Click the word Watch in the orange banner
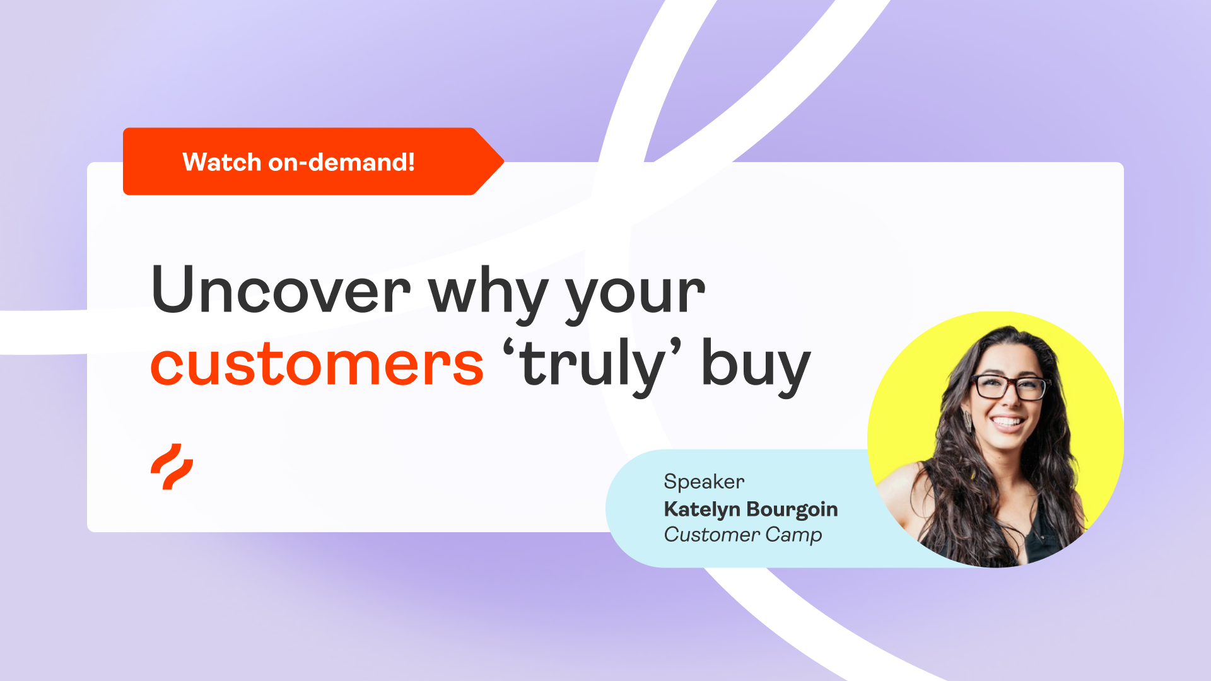[221, 162]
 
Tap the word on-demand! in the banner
[341, 162]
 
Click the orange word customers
[317, 364]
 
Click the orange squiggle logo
[172, 467]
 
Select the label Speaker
[704, 482]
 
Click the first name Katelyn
[701, 509]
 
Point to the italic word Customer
[711, 535]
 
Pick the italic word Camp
[793, 535]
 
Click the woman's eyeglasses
[1010, 387]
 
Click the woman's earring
[967, 421]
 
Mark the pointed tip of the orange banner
[502, 162]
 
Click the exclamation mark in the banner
[411, 162]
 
